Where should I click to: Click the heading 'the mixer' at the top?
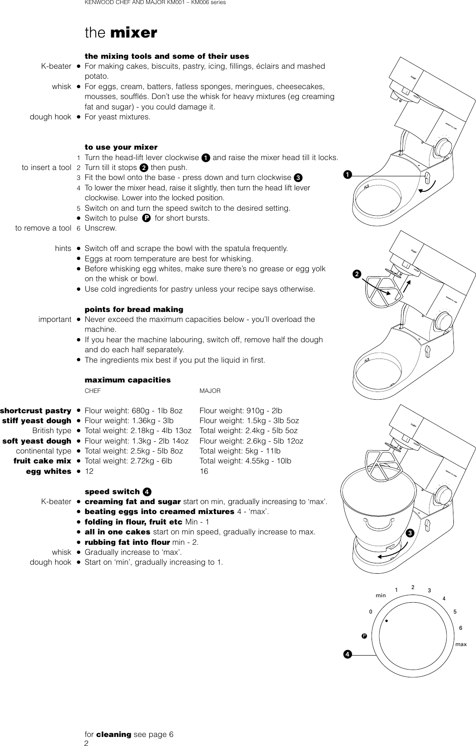click(x=121, y=33)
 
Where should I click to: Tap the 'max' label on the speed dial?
click(x=461, y=644)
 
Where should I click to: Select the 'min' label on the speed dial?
click(x=381, y=595)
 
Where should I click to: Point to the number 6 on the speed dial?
click(x=460, y=628)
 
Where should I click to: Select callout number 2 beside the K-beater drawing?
click(x=357, y=274)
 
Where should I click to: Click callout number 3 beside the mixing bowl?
click(x=410, y=533)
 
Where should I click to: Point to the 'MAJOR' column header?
click(x=210, y=391)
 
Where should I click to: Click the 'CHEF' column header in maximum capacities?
click(x=93, y=391)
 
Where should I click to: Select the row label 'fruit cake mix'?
click(x=42, y=461)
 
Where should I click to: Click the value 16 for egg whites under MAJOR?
click(x=204, y=471)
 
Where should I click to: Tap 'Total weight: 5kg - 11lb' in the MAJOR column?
click(x=240, y=451)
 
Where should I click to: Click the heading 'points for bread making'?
click(x=134, y=310)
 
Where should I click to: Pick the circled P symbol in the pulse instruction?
click(x=146, y=218)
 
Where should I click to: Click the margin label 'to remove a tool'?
click(x=43, y=228)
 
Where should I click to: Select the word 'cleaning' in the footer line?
click(x=114, y=734)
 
